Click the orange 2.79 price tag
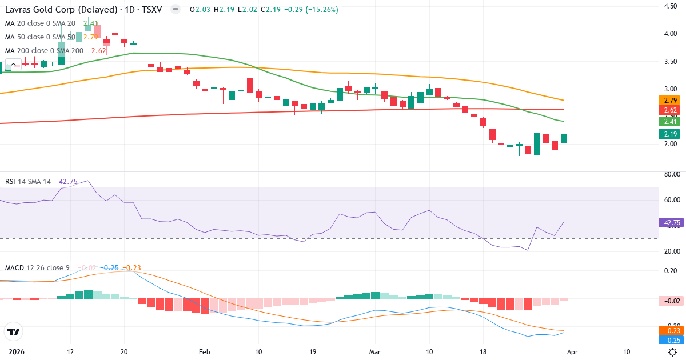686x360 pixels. click(x=668, y=100)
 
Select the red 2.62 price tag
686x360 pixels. click(x=668, y=110)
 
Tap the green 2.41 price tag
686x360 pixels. click(x=668, y=121)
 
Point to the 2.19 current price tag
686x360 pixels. click(x=668, y=134)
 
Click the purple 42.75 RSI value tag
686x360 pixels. click(x=668, y=222)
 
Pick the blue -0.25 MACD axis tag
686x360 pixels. click(x=668, y=340)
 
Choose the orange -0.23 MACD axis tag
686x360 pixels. click(x=668, y=330)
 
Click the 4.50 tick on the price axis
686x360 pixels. click(x=670, y=6)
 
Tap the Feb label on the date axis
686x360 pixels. click(x=205, y=351)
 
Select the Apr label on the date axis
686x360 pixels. click(x=572, y=351)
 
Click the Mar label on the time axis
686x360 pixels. click(x=375, y=351)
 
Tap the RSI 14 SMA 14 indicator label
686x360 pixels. click(x=28, y=181)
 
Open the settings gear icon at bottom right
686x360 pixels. click(x=673, y=352)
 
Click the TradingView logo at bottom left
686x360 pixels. click(x=13, y=331)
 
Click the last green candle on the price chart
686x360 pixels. click(x=564, y=138)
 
